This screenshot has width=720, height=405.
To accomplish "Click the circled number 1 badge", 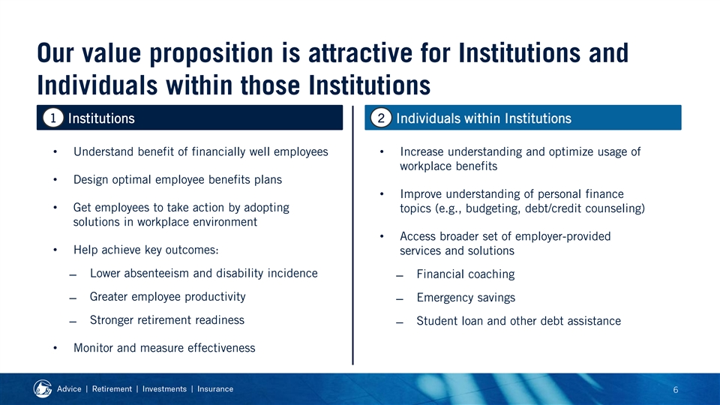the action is point(53,118).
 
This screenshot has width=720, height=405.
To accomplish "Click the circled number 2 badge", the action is point(381,118).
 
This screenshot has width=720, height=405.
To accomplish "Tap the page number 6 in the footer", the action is point(676,390).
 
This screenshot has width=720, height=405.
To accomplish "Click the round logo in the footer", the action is point(43,389).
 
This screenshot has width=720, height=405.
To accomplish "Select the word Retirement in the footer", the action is point(112,389).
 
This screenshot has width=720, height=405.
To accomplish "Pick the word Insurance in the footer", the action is point(215,389).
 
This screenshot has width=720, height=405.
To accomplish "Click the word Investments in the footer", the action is point(164,389).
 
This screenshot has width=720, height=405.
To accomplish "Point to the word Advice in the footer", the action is point(69,389).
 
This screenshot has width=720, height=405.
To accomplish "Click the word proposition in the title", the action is point(211,54).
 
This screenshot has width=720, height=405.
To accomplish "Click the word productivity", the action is point(215,297).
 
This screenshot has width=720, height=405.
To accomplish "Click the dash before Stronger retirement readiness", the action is point(73,322).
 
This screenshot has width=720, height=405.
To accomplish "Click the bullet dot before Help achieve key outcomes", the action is point(55,250).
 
